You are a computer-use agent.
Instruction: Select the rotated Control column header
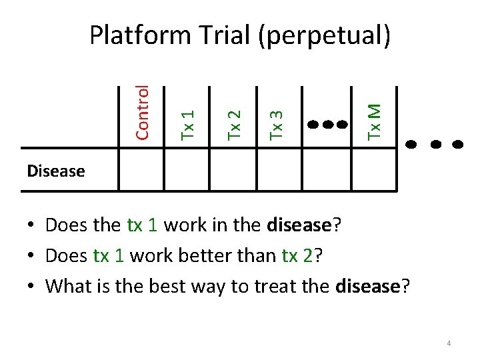[x=141, y=113]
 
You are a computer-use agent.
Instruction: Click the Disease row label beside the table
[x=56, y=171]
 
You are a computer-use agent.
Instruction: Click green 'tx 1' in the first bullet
[x=141, y=225]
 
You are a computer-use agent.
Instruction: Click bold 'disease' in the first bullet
[x=299, y=225]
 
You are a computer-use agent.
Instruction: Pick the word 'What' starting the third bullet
[x=67, y=286]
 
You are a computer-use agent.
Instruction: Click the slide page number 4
[x=449, y=343]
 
